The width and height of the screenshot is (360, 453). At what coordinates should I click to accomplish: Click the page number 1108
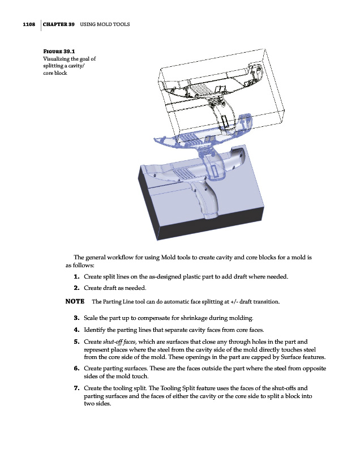tap(28, 25)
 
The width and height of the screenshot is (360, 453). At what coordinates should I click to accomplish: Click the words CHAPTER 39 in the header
tap(59, 25)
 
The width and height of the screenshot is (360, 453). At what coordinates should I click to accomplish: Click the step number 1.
tap(76, 276)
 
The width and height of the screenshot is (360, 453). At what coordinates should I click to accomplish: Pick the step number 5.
tap(76, 341)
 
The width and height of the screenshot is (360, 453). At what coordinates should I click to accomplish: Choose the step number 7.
tap(76, 388)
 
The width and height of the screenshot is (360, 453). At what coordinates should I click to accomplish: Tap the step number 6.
tap(76, 368)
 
